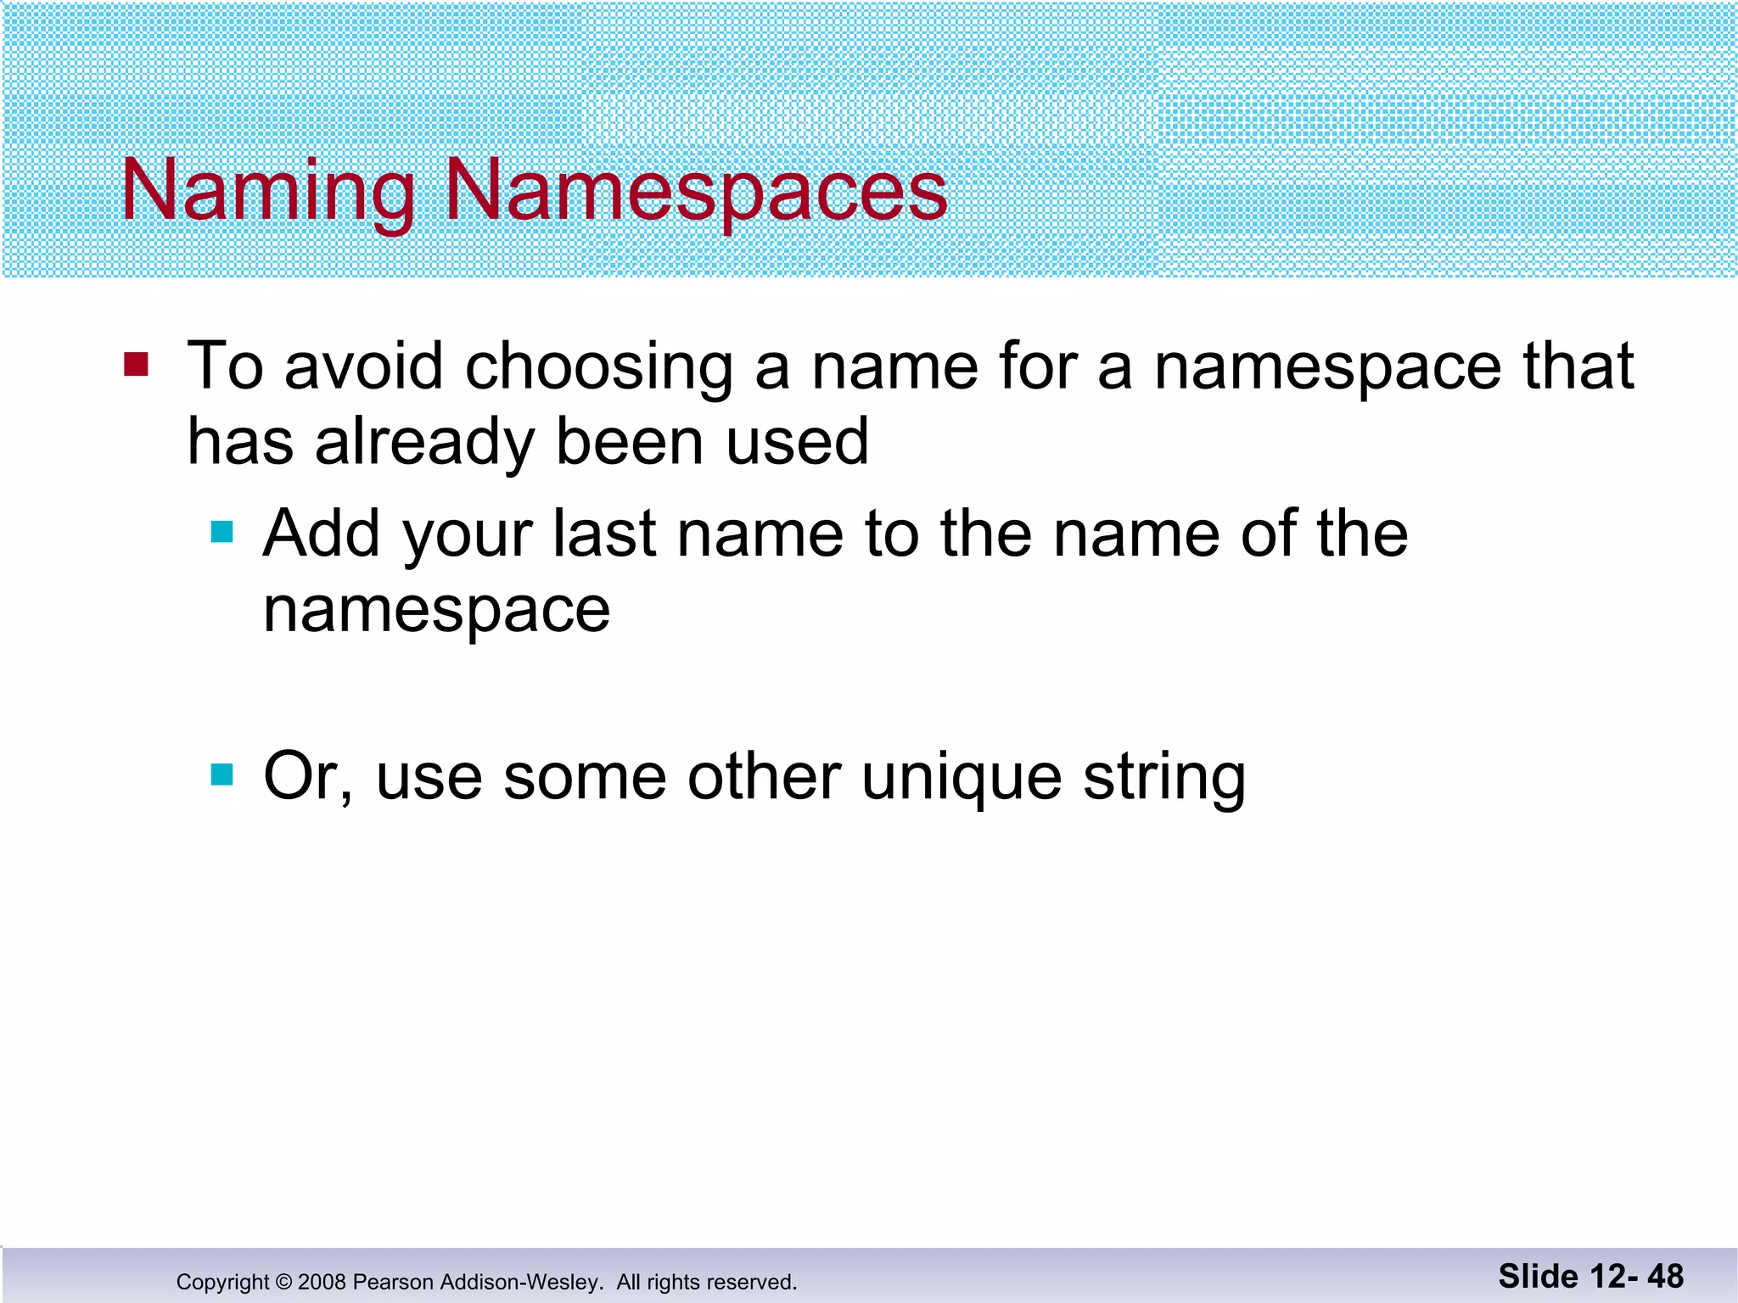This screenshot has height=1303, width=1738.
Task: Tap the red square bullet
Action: (x=136, y=365)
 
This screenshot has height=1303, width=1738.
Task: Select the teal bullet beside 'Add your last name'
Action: (x=221, y=532)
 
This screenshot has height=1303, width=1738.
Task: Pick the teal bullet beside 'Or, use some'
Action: (x=221, y=775)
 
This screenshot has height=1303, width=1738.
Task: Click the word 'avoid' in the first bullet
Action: (x=363, y=366)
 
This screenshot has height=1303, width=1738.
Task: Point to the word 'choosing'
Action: (x=599, y=368)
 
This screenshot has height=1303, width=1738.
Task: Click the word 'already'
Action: (x=424, y=443)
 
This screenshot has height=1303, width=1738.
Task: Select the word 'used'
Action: (x=798, y=443)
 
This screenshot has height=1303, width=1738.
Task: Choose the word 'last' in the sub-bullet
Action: (x=604, y=534)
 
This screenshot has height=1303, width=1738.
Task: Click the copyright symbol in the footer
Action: (x=283, y=1282)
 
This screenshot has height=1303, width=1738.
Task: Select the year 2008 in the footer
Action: (x=322, y=1282)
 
